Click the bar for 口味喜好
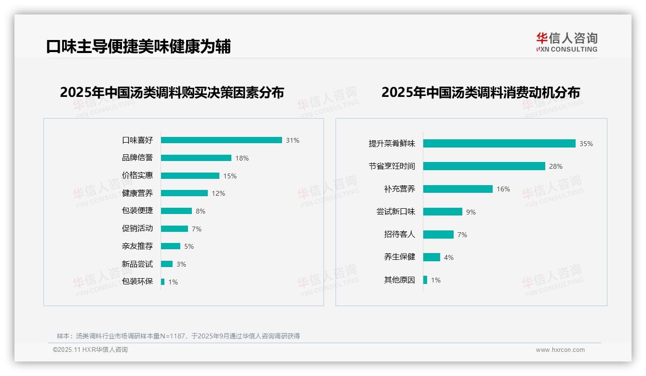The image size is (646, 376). point(221,140)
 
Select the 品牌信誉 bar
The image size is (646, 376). point(196,158)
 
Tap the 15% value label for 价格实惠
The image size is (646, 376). point(230,176)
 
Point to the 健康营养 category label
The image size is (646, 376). point(137,193)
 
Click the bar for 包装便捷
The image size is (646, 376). point(176,211)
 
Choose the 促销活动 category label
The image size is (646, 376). point(137,228)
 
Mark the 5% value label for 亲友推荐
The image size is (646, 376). point(189,246)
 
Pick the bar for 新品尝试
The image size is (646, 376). point(167,264)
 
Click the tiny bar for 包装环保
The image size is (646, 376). point(163,282)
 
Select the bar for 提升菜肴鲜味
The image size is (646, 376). point(499,144)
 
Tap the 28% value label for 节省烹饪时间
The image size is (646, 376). point(556,166)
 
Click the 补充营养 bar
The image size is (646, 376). point(458,189)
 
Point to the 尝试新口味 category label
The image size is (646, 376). point(396,212)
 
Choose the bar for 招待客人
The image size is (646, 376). point(439,235)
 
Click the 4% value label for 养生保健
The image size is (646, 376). point(449,257)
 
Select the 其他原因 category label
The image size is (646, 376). point(400,280)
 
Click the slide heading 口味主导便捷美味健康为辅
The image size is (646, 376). point(139,46)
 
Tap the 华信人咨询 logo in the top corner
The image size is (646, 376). point(567,42)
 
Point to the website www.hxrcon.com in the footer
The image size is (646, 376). point(560,350)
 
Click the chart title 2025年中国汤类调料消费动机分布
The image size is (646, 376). point(481,92)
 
